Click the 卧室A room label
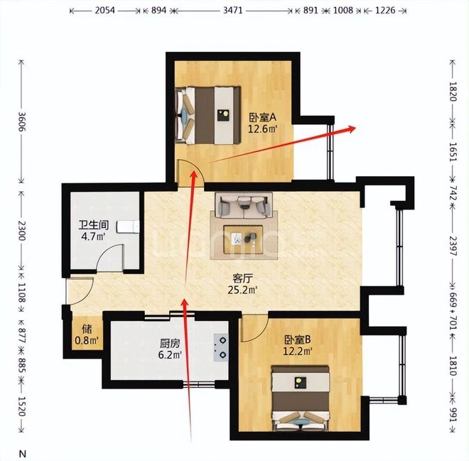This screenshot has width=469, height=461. coord(263,117)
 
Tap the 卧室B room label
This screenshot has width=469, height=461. coord(297,340)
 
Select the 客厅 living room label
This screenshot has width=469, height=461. coord(242,278)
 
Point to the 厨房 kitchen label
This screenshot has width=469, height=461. coord(170,344)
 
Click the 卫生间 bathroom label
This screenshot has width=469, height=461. coord(93,225)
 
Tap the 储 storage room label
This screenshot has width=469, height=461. coord(87,330)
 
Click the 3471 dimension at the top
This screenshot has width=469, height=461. coord(232,11)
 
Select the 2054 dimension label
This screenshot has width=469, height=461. coord(104,11)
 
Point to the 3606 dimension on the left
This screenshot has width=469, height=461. coord(21,121)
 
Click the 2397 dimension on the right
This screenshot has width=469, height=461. coord(453,246)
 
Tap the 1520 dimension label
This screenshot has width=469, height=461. coord(21,406)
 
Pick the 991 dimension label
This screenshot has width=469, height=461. coord(453,414)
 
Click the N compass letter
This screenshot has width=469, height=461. coord(23,453)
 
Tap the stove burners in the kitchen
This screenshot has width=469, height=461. coord(221,347)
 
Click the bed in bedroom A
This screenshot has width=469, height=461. coord(208,115)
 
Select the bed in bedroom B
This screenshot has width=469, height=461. coord(300,398)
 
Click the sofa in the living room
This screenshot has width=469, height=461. coord(244,205)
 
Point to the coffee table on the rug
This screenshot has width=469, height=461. coord(243,240)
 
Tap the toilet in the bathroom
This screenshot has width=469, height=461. coord(128,227)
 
